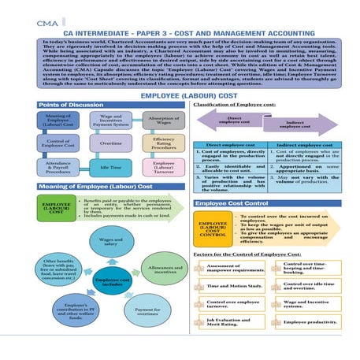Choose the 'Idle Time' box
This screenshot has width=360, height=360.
tap(110, 167)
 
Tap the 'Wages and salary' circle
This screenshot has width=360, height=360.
tap(110, 243)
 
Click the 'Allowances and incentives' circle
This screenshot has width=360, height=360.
tap(160, 269)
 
